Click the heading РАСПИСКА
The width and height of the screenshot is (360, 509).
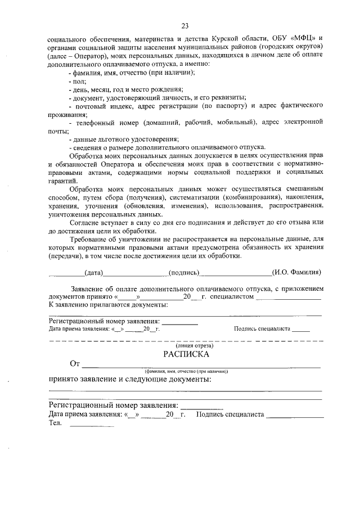tap(186, 354)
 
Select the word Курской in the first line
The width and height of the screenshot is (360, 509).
tap(214, 40)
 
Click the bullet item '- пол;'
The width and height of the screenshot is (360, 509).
tap(74, 81)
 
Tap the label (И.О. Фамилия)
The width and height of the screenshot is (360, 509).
tap(296, 272)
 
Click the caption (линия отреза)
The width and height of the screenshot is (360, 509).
tap(186, 345)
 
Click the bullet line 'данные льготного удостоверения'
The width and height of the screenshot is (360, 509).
tap(124, 139)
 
